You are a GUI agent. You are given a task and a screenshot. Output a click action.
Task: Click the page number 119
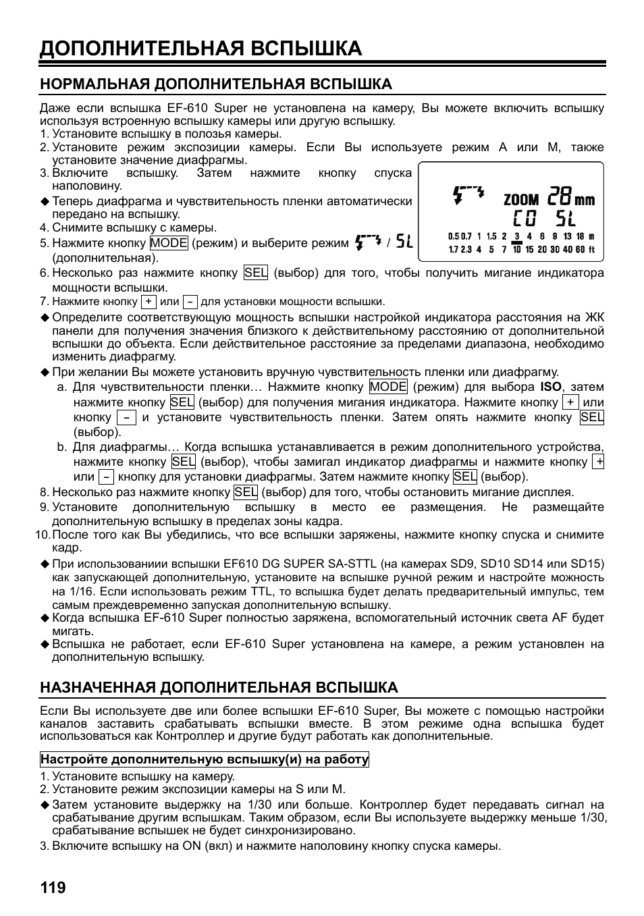click(x=53, y=887)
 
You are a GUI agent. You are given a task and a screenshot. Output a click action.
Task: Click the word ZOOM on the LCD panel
click(x=521, y=199)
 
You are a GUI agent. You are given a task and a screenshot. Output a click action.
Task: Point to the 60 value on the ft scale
click(x=580, y=249)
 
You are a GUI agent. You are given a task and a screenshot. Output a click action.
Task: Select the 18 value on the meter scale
click(x=579, y=236)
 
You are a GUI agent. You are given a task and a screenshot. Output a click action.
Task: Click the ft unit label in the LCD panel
click(x=592, y=249)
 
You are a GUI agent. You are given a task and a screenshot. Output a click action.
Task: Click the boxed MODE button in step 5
click(x=169, y=243)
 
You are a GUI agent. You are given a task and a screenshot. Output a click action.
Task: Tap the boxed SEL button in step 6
click(x=256, y=273)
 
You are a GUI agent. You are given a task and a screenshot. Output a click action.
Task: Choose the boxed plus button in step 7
click(x=149, y=302)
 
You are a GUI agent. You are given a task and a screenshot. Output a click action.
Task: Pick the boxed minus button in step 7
click(x=190, y=302)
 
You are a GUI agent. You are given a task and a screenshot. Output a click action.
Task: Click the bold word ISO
click(x=551, y=387)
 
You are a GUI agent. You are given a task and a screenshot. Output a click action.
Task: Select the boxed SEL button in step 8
click(x=246, y=492)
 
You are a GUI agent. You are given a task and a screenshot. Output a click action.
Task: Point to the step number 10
click(x=42, y=535)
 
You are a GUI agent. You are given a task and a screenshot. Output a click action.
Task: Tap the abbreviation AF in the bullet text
click(x=560, y=618)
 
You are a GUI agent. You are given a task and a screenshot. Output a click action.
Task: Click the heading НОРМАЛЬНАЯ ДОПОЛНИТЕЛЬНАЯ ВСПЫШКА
click(x=216, y=84)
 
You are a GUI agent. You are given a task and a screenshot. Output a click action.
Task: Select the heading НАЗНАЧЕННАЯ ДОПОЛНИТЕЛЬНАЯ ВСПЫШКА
click(x=219, y=687)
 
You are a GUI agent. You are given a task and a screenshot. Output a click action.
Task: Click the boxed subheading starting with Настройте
click(x=205, y=759)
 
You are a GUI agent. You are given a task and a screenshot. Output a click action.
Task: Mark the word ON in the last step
click(x=192, y=846)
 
